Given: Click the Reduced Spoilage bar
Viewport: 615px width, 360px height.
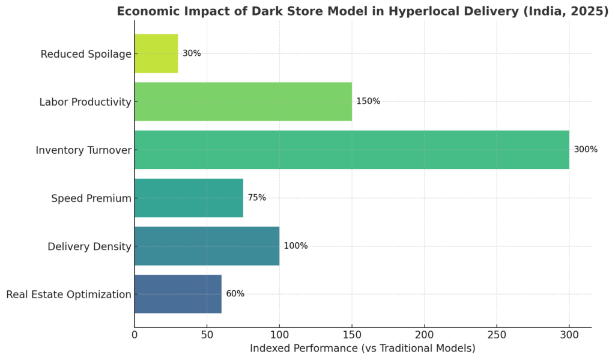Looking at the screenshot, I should click(x=156, y=53).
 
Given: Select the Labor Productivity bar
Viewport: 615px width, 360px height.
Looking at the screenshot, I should click(x=243, y=102).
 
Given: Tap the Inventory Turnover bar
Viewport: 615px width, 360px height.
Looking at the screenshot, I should click(x=351, y=150).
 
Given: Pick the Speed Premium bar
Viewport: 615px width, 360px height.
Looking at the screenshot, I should click(x=189, y=198).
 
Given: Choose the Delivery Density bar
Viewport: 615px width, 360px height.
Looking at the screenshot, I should click(x=207, y=246).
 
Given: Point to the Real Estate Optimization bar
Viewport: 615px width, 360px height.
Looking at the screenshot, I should click(x=178, y=294).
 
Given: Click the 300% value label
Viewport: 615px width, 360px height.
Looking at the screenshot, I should click(x=586, y=150).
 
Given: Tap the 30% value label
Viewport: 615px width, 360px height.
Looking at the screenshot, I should click(x=192, y=53).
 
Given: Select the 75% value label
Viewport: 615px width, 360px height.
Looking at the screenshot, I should click(x=256, y=198).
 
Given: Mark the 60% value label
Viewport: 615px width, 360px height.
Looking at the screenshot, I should click(x=235, y=294).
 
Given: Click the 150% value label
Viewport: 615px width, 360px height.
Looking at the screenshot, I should click(x=368, y=102).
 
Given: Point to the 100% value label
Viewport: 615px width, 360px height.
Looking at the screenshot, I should click(x=295, y=246).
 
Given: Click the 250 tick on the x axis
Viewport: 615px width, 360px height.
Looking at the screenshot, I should click(x=497, y=335).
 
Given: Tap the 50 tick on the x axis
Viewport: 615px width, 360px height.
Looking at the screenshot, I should click(x=207, y=335).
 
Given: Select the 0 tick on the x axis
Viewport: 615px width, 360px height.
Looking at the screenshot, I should click(x=135, y=335).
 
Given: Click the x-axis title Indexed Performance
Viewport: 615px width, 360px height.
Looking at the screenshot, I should click(x=362, y=349).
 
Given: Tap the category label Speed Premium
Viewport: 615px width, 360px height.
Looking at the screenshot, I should click(x=91, y=198).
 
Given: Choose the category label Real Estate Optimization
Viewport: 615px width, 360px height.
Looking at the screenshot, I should click(x=68, y=294).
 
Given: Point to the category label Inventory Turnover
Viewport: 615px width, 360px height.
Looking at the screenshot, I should click(x=83, y=150).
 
